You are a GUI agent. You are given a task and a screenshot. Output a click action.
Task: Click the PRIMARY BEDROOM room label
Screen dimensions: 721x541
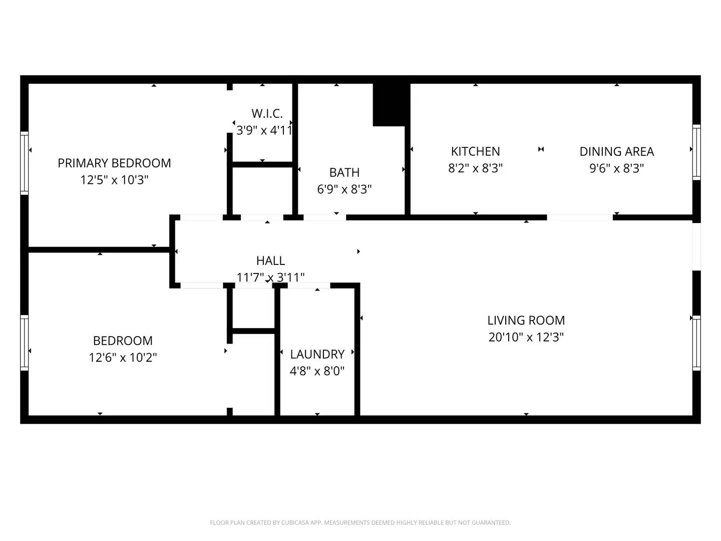(x=114, y=163)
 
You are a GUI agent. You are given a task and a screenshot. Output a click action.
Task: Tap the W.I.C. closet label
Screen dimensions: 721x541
(x=267, y=114)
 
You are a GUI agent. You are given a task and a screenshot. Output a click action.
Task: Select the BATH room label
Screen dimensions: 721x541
(x=344, y=172)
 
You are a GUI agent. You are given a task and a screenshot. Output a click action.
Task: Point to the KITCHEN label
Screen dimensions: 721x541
(x=475, y=151)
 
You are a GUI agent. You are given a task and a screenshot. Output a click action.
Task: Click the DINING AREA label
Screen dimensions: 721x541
(x=616, y=151)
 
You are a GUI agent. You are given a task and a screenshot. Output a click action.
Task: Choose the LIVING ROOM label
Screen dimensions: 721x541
(x=526, y=320)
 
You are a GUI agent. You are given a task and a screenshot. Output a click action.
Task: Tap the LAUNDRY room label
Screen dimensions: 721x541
(x=317, y=354)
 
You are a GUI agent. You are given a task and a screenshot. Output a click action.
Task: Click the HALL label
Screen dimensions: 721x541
(x=270, y=260)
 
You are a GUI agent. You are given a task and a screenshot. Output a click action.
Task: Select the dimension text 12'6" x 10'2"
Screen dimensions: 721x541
(x=123, y=357)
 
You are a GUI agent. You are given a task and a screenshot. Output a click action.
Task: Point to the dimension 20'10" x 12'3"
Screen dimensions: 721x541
(x=526, y=337)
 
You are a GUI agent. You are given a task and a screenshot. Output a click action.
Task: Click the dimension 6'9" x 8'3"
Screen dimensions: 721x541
(x=344, y=189)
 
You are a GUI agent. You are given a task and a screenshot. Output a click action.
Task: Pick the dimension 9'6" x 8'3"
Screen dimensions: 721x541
(x=616, y=168)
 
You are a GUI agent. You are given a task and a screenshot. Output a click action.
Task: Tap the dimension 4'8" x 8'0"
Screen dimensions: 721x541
(x=317, y=371)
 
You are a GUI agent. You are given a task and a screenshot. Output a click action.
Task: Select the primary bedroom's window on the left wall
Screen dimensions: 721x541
(x=25, y=163)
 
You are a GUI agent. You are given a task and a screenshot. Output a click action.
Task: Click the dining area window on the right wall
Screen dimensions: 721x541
(x=696, y=152)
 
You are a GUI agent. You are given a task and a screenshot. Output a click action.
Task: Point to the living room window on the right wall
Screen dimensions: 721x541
(x=696, y=343)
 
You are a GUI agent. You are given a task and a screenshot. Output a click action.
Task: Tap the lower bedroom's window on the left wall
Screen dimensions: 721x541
(x=25, y=343)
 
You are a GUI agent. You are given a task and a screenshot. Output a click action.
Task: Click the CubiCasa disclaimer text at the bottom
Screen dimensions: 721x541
(x=360, y=522)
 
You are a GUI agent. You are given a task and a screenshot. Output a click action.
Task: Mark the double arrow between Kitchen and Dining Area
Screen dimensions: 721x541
(x=541, y=149)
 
